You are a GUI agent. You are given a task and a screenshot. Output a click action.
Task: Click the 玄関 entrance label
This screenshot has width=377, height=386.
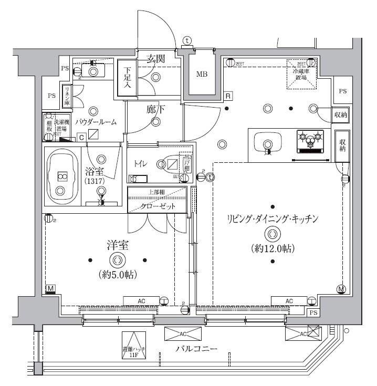pos(155,59)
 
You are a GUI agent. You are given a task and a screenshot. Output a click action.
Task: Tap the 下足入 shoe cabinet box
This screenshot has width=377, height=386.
pos(127,78)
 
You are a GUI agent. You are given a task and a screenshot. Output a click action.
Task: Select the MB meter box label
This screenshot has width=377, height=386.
pos(202,74)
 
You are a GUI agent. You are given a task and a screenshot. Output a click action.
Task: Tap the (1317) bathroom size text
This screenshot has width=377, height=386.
pos(95,181)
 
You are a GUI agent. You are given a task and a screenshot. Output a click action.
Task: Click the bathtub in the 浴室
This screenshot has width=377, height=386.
pos(62,176)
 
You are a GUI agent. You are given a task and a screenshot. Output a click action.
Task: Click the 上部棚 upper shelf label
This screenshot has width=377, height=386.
pos(157,192)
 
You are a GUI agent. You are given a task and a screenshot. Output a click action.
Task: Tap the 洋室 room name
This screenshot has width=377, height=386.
pos(116,245)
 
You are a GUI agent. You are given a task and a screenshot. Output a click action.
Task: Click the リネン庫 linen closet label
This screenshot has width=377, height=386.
pos(67,96)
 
